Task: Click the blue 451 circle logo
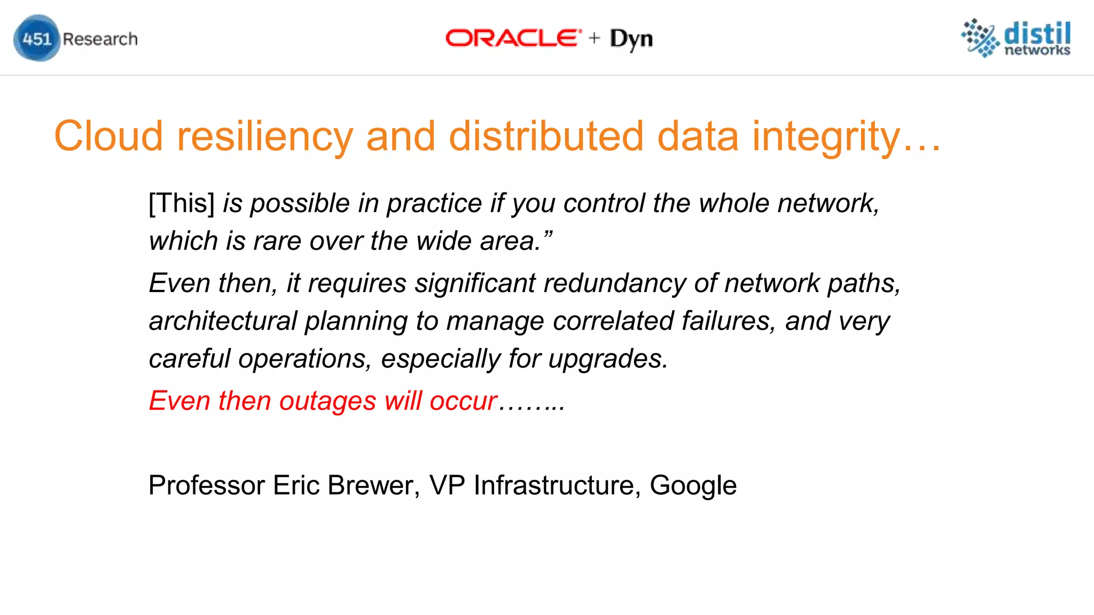pyautogui.click(x=36, y=38)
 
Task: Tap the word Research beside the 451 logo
pyautogui.click(x=100, y=39)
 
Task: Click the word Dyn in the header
pyautogui.click(x=631, y=39)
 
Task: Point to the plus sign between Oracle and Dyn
pyautogui.click(x=595, y=38)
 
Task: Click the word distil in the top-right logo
pyautogui.click(x=1037, y=34)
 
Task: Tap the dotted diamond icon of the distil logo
pyautogui.click(x=980, y=37)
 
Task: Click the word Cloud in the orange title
pyautogui.click(x=108, y=137)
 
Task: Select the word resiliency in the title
pyautogui.click(x=265, y=137)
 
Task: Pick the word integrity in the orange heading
pyautogui.click(x=826, y=137)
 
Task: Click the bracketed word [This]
pyautogui.click(x=182, y=203)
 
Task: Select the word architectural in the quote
pyautogui.click(x=223, y=321)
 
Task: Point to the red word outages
pyautogui.click(x=327, y=401)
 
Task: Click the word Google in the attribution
pyautogui.click(x=693, y=486)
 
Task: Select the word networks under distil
pyautogui.click(x=1037, y=50)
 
